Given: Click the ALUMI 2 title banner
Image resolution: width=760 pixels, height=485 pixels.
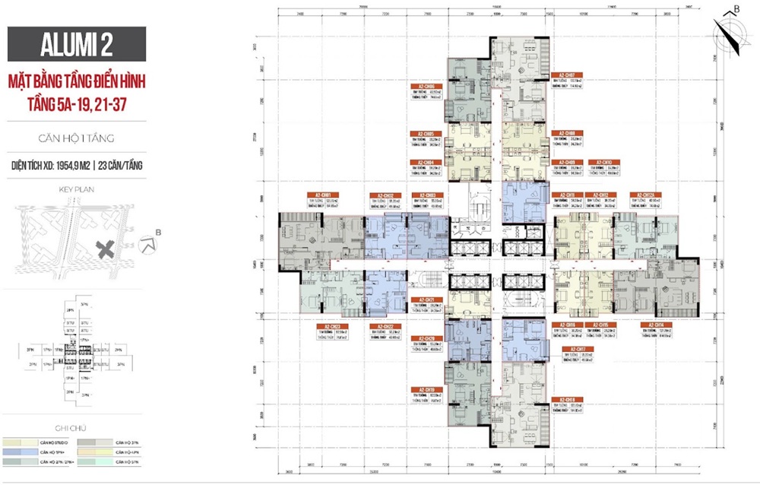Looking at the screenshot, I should [x=76, y=43].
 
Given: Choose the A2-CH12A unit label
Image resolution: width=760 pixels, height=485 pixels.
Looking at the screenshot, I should [x=645, y=195].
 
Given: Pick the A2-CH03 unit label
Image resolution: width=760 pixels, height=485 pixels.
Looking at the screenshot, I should [x=422, y=195].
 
